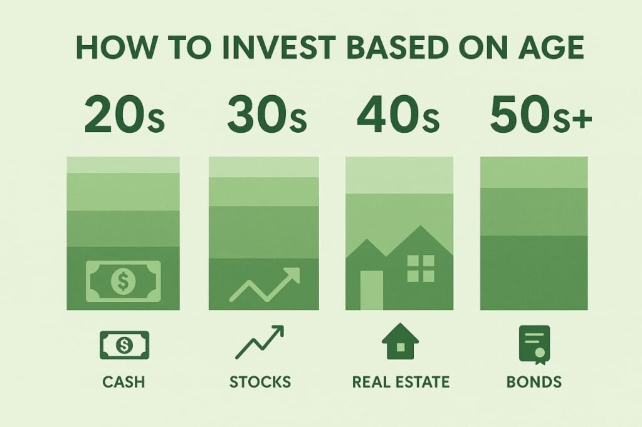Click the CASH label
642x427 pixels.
[124, 382]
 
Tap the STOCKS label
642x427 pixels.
[260, 382]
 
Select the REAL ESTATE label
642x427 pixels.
[401, 382]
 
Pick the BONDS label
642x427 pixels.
[534, 382]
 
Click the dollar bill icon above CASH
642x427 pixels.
[125, 345]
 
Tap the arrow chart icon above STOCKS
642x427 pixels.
[260, 342]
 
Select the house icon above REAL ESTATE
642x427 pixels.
[400, 341]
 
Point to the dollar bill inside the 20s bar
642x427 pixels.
[124, 281]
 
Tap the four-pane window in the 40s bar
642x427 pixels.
[421, 269]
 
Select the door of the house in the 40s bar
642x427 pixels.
[372, 290]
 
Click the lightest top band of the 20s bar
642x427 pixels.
[123, 165]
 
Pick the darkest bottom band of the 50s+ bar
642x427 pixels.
[534, 273]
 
